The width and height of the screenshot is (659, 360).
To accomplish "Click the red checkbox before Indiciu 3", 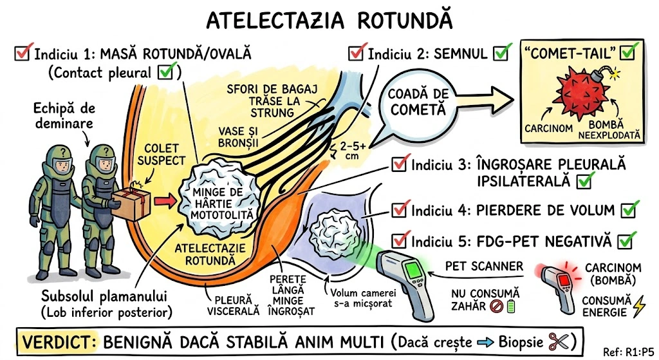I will coord(400,165).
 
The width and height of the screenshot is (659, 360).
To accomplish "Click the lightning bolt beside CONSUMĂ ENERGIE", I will coord(638,308).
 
